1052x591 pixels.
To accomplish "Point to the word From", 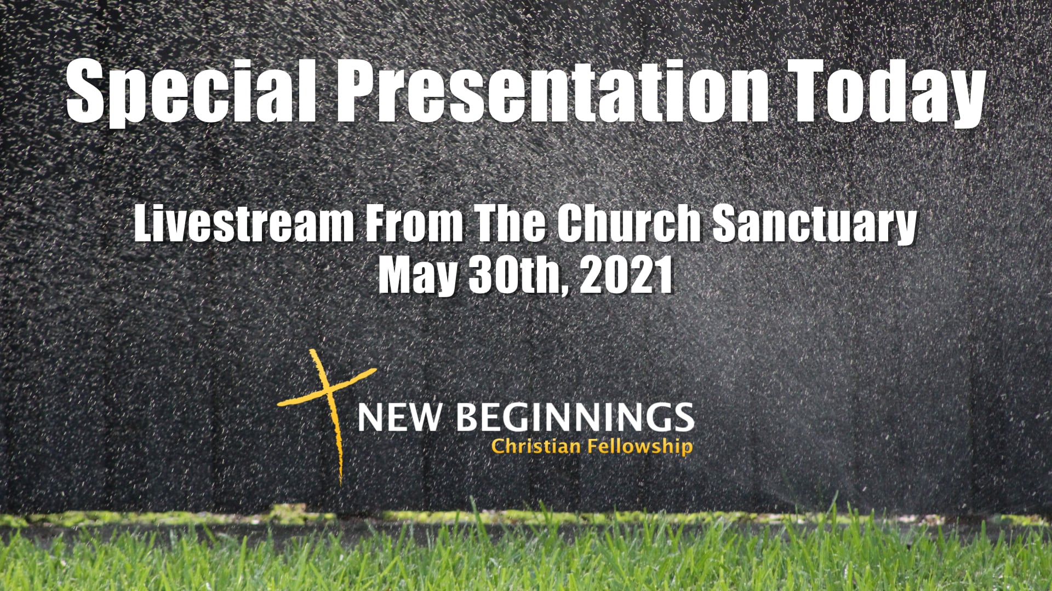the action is [x=414, y=223].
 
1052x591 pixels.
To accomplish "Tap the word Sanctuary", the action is [x=815, y=224].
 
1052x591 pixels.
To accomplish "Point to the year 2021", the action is [x=626, y=275].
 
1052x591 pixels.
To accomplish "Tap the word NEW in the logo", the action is [x=399, y=418].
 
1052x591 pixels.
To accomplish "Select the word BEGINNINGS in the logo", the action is [x=575, y=418].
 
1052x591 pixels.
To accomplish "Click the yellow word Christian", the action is [x=536, y=447].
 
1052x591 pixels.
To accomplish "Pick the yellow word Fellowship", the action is [x=640, y=447].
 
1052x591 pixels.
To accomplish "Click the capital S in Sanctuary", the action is [x=727, y=223].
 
